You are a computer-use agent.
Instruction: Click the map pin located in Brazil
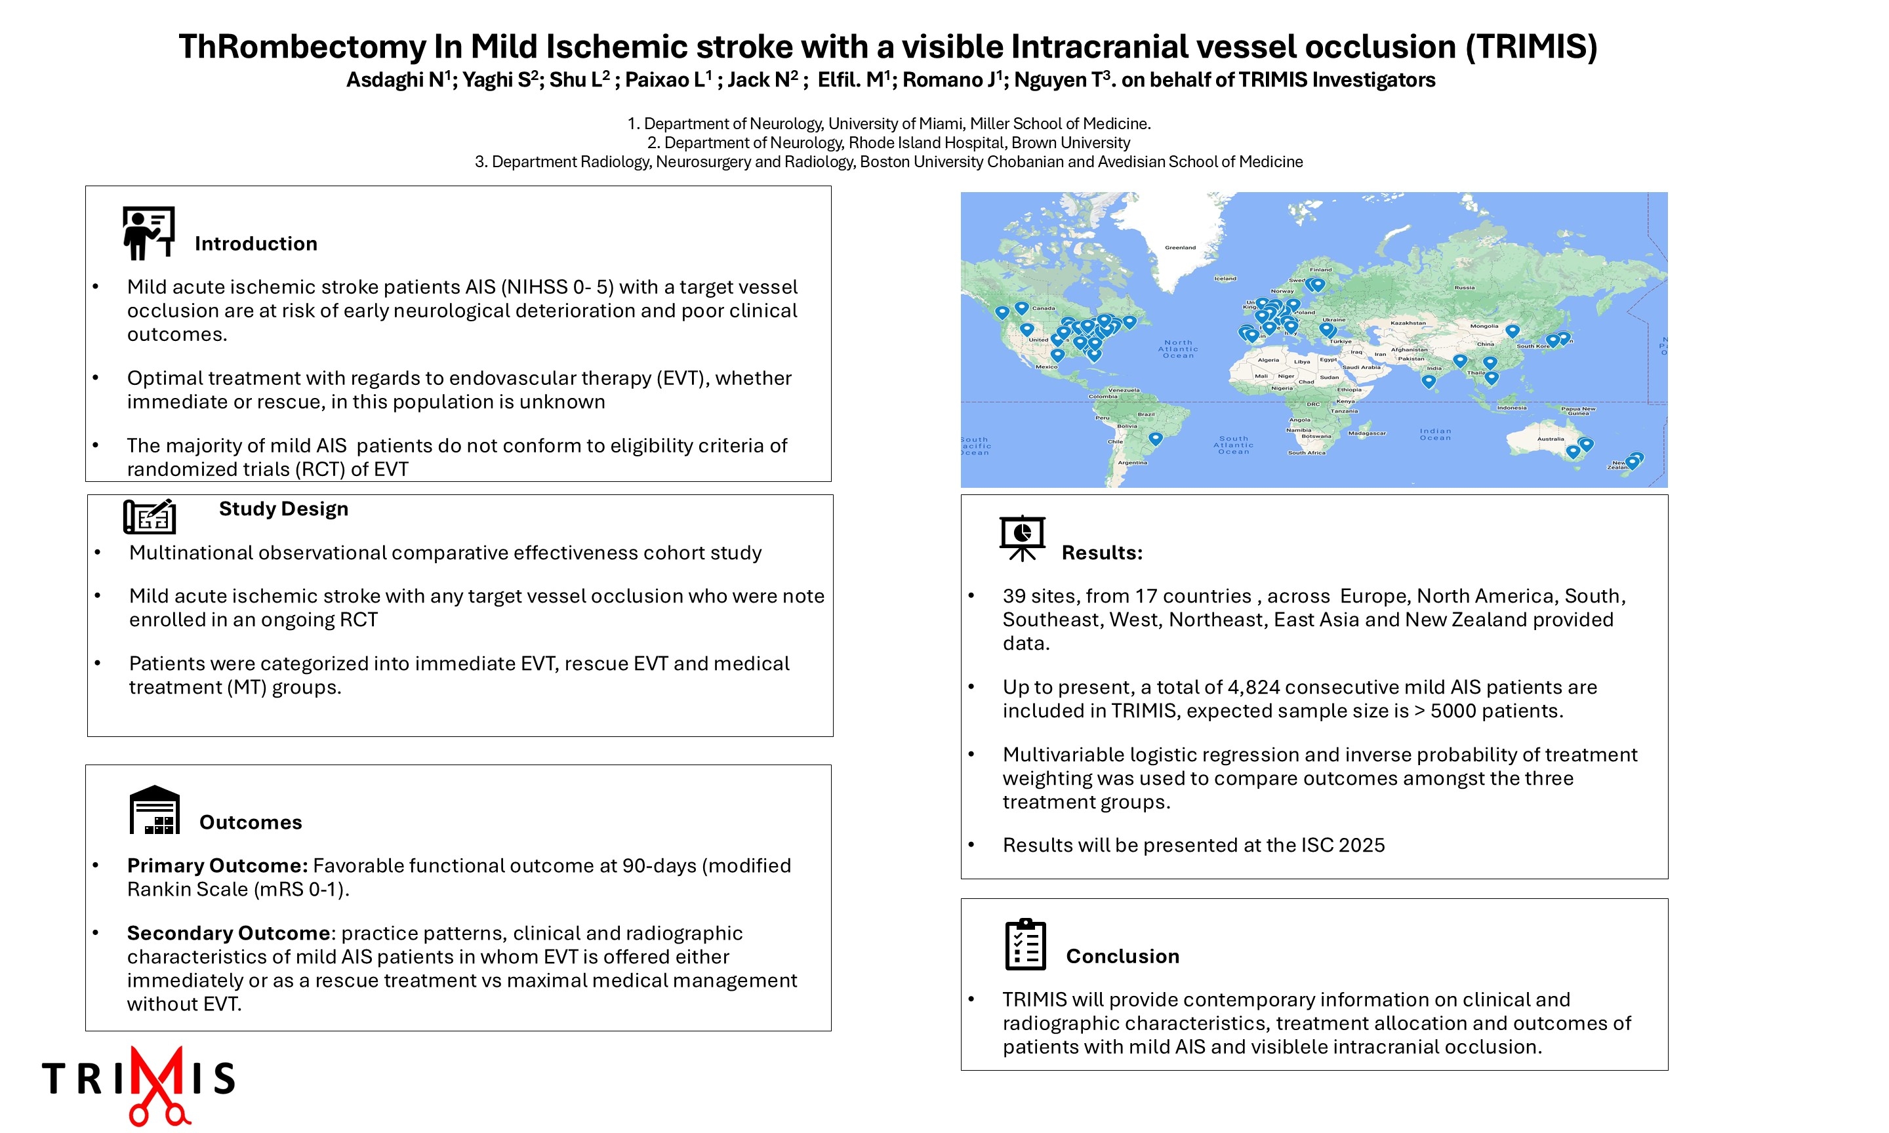pyautogui.click(x=1155, y=438)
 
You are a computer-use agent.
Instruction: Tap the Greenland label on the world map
pyautogui.click(x=1180, y=247)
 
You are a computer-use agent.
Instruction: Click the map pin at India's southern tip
pyautogui.click(x=1429, y=380)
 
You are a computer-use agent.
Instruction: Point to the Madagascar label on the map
pyautogui.click(x=1367, y=433)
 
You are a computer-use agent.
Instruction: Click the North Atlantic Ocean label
pyautogui.click(x=1178, y=349)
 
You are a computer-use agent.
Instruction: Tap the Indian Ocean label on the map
pyautogui.click(x=1436, y=433)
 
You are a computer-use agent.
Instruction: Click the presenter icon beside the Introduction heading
pyautogui.click(x=149, y=233)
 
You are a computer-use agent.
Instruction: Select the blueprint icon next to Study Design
pyautogui.click(x=150, y=517)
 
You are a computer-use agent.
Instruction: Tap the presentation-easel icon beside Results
pyautogui.click(x=1022, y=538)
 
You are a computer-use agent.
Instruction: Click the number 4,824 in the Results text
pyautogui.click(x=1253, y=687)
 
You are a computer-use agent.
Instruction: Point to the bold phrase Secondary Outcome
pyautogui.click(x=228, y=933)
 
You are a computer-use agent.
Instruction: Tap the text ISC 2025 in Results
pyautogui.click(x=1340, y=845)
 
